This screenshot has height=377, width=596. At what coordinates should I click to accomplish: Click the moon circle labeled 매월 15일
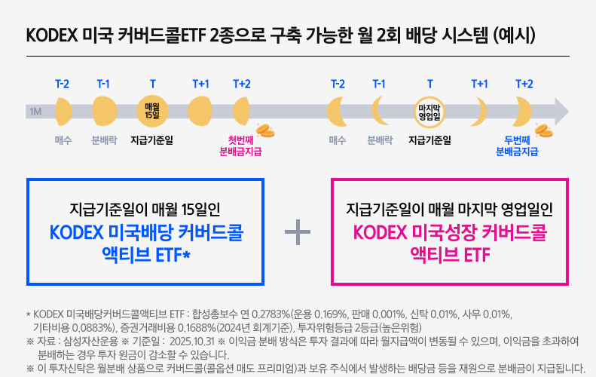pos(153,110)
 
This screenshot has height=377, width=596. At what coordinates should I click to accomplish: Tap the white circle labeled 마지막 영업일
pos(429,111)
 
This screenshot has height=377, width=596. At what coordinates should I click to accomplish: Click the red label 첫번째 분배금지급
pos(240,146)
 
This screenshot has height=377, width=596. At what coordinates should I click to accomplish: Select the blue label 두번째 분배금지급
pos(517,146)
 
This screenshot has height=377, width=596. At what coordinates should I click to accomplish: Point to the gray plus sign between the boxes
pos(298,231)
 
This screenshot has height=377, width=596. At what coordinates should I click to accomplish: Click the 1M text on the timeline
pos(35,112)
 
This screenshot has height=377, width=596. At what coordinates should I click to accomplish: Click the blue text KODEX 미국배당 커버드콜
pos(146,232)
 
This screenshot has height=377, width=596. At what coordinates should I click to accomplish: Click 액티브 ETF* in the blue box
pos(146,256)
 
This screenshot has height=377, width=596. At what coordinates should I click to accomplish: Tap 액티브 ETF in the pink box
pos(450,256)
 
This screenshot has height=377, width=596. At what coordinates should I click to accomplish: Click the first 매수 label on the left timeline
pos(63,139)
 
